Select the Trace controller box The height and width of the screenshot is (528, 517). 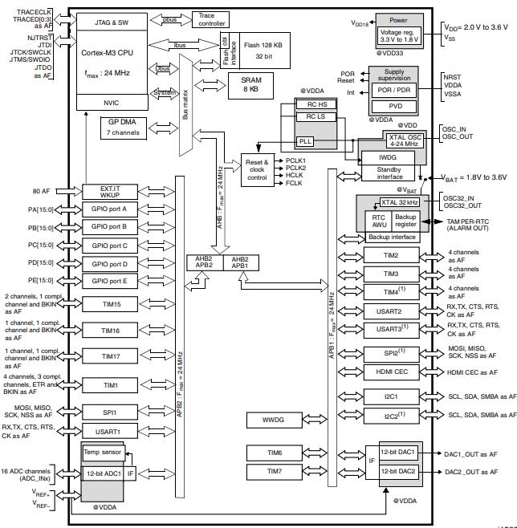pos(211,19)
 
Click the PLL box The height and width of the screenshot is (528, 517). pos(304,140)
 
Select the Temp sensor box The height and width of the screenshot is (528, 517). pos(102,453)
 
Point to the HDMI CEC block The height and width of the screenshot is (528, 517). pos(390,372)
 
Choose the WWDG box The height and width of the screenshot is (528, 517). pos(273,419)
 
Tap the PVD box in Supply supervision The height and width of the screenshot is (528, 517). pos(396,105)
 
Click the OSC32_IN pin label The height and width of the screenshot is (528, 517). pos(458,197)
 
